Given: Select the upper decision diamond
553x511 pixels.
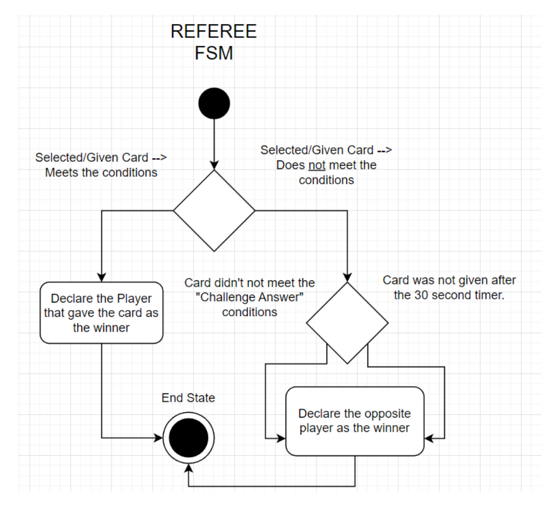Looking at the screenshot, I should (x=213, y=210).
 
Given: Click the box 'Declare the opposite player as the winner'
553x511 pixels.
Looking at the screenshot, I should (x=355, y=421).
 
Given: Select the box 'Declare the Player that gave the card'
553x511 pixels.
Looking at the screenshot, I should (x=102, y=312).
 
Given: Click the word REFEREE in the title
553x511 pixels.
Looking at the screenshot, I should (x=213, y=32).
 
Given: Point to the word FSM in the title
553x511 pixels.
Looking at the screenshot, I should (x=213, y=53).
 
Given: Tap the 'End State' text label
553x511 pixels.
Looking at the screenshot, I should (x=188, y=398).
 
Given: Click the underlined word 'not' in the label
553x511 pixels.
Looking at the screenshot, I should (x=316, y=165).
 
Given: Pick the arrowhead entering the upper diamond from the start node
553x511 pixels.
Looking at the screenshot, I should (x=213, y=165).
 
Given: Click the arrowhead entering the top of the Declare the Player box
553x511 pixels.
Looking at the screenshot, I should (x=102, y=277).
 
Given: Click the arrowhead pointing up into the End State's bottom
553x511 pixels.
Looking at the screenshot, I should (x=188, y=467).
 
